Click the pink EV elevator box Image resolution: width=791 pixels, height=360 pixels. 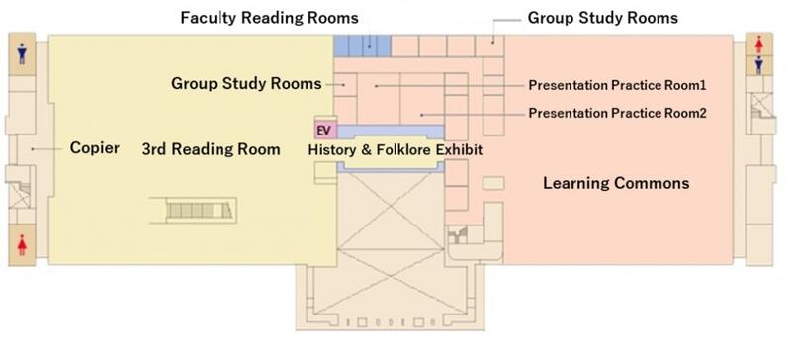[325, 131]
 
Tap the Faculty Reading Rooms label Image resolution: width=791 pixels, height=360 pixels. [269, 18]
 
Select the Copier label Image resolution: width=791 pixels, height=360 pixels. [95, 148]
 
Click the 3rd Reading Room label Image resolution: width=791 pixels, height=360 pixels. [211, 149]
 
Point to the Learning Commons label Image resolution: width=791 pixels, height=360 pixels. [616, 183]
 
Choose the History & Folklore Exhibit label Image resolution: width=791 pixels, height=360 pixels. [395, 150]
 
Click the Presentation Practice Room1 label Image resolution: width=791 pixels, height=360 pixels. [617, 85]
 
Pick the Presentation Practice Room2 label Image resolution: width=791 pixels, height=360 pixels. [617, 113]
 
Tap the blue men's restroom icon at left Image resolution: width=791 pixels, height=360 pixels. [22, 53]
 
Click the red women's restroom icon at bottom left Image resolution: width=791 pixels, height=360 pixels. [22, 245]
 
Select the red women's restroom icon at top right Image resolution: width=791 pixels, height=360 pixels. [758, 45]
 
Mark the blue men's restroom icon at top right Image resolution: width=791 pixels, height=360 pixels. [758, 65]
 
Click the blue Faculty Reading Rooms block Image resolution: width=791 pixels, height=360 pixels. [362, 45]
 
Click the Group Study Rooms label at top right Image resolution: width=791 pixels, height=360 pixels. [603, 18]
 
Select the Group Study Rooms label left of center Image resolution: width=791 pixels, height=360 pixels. [246, 83]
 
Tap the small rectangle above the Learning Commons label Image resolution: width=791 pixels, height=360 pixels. [493, 183]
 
